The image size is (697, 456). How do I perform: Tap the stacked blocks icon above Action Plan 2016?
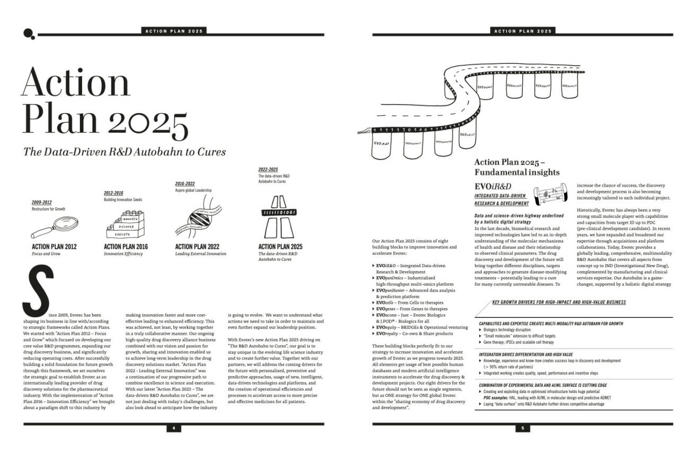click(122, 225)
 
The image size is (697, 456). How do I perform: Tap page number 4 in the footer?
click(173, 428)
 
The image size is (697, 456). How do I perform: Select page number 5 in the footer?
click(522, 428)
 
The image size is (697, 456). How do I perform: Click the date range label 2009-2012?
click(42, 203)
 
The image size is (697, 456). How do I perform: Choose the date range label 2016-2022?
click(185, 184)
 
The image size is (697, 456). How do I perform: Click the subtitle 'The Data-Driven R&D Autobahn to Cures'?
click(124, 152)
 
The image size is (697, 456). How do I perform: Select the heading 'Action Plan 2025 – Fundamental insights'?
click(516, 167)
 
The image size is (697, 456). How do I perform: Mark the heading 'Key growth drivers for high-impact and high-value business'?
click(558, 303)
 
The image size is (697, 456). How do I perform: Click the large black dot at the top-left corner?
click(28, 33)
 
